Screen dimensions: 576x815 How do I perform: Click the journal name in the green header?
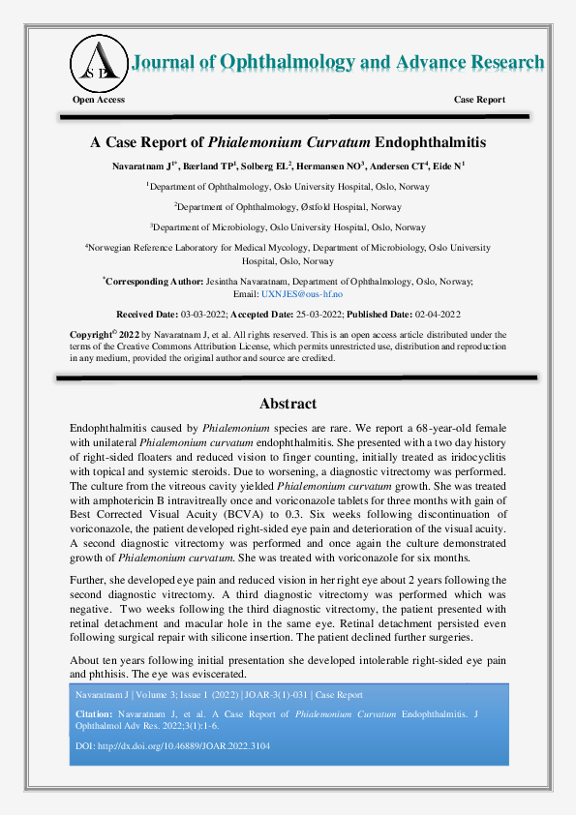point(337,63)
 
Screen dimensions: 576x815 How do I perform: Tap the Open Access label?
point(99,100)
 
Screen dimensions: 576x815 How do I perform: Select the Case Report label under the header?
point(479,100)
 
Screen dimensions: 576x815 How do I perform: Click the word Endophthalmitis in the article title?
point(430,142)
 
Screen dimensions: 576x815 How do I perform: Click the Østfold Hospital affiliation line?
point(288,206)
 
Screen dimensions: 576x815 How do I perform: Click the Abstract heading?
point(288,404)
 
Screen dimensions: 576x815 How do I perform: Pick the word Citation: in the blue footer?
point(94,713)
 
